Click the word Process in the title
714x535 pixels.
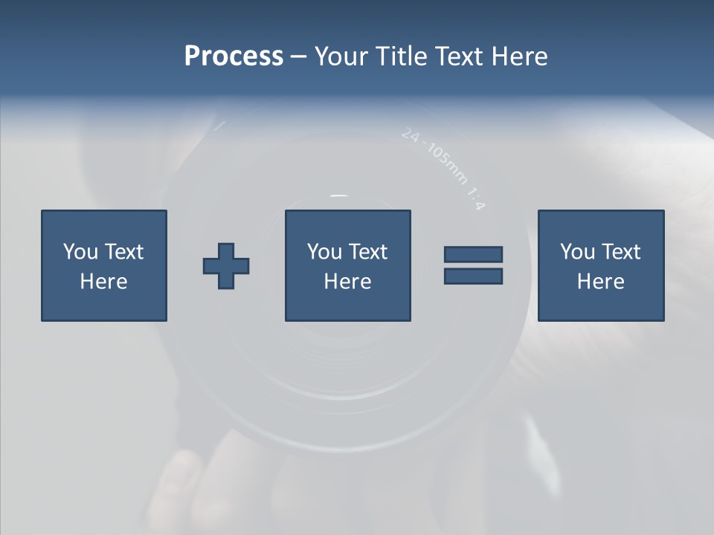234,56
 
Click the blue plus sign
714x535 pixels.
226,266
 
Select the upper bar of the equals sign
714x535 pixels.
473,254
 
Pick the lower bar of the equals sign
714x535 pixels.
473,276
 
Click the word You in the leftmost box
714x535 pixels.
80,252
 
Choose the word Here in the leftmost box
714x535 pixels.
103,282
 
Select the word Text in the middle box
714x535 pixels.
367,252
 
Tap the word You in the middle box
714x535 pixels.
324,252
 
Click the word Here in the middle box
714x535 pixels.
347,282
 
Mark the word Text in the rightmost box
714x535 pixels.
620,252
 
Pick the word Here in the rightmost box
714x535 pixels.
600,282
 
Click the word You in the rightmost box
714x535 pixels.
576,252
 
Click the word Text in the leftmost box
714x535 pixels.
123,252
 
